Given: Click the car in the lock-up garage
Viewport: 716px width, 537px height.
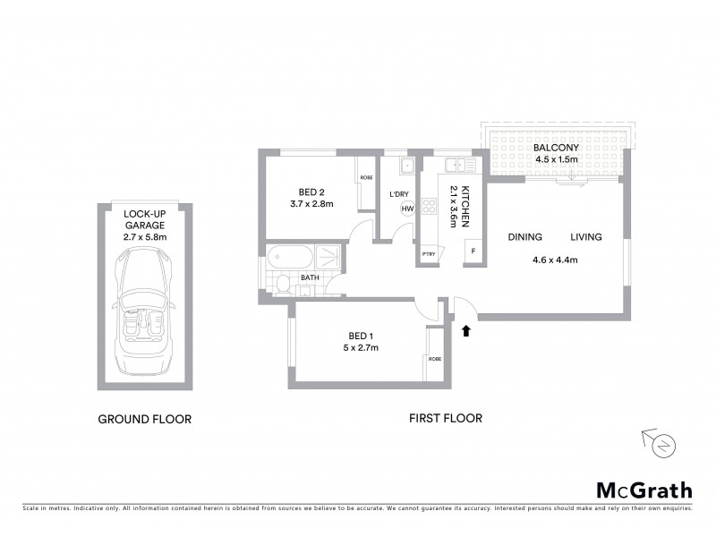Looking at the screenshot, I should (143, 303).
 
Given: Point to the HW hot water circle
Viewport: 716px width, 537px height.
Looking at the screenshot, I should (407, 209).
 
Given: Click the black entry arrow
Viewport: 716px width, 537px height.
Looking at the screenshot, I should (465, 331).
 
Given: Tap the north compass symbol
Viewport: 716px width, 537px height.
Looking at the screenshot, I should (663, 443).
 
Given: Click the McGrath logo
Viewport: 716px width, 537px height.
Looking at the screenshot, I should (644, 490).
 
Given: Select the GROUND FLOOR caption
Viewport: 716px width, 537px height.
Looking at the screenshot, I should (144, 418).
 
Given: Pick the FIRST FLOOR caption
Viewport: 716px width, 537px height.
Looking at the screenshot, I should (445, 418).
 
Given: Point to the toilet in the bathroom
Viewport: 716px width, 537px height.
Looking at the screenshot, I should (283, 286).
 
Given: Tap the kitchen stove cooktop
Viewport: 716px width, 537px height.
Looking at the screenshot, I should (429, 208).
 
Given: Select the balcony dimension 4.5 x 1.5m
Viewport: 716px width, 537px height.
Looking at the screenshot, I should (556, 159).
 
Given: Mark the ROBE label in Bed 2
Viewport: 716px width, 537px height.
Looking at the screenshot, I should (366, 177).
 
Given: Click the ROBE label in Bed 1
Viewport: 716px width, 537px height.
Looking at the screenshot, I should (434, 358).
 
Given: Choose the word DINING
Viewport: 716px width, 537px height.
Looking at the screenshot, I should (525, 237).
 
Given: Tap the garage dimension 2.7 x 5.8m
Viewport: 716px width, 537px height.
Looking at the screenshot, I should (143, 237).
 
